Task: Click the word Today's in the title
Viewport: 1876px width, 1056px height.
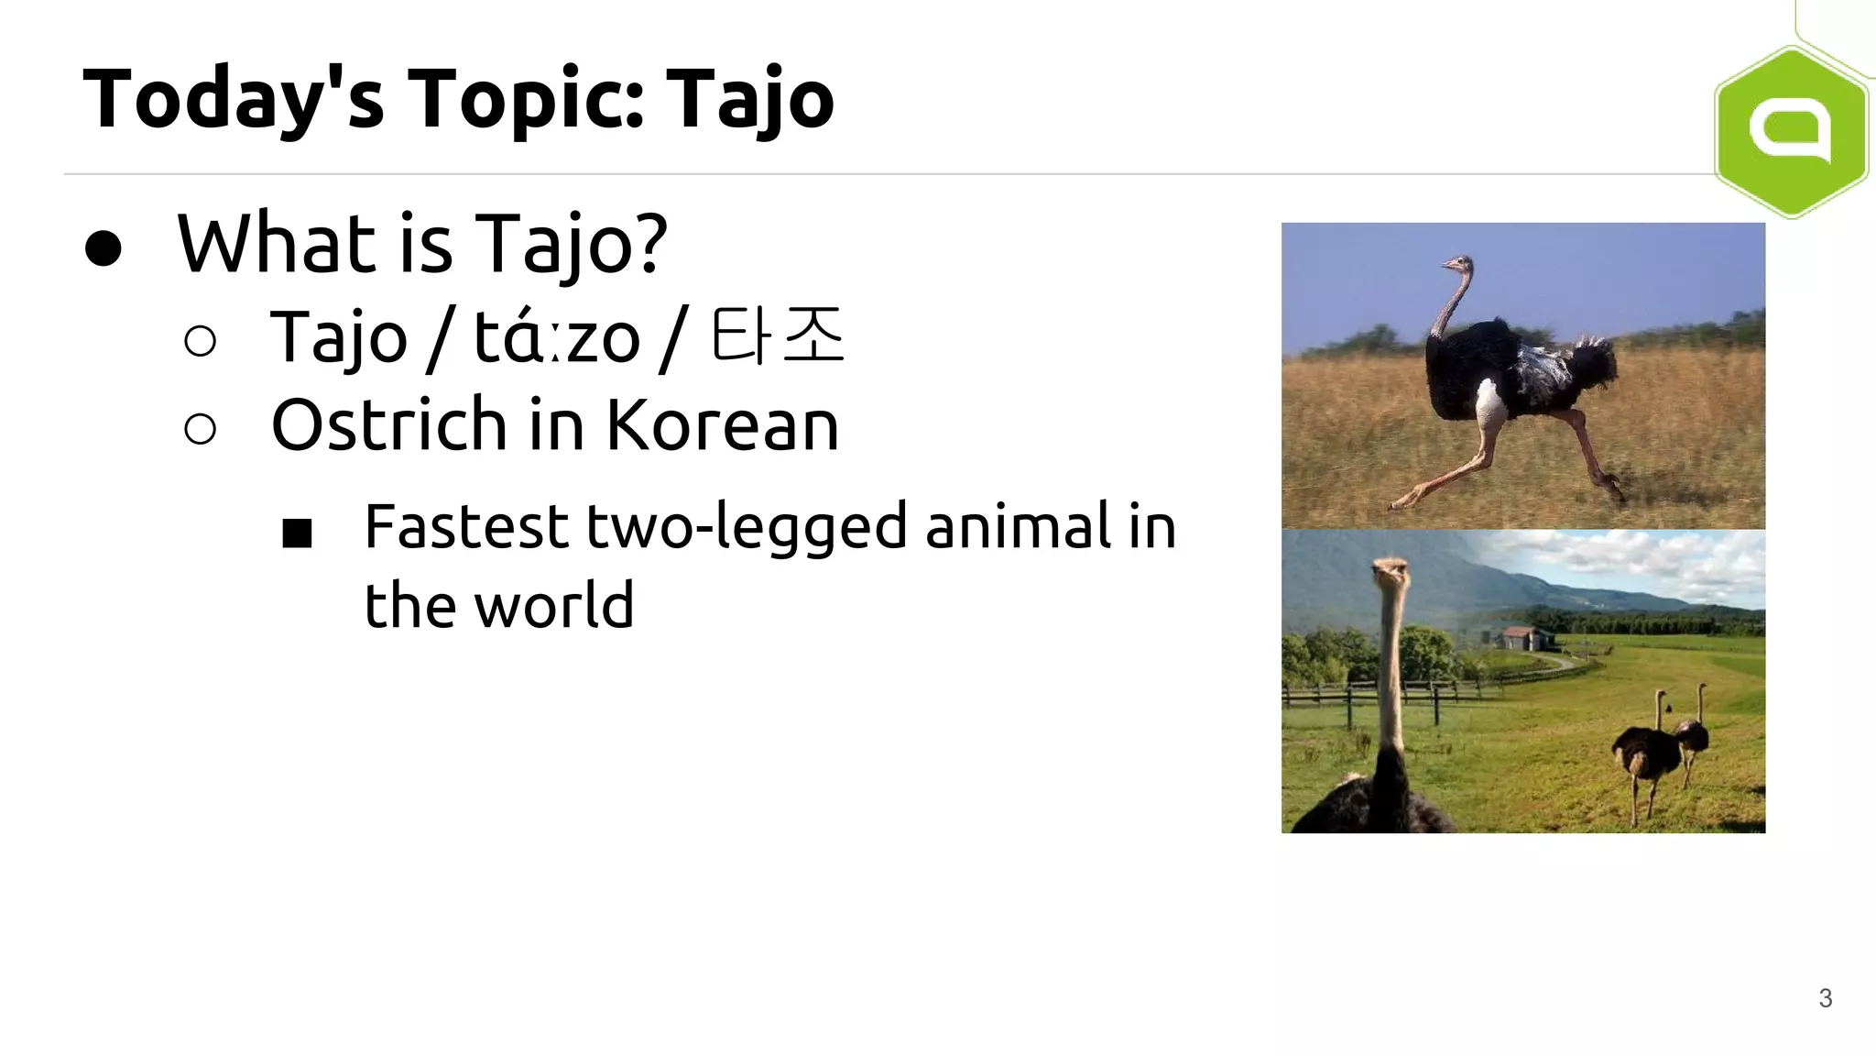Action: coord(233,99)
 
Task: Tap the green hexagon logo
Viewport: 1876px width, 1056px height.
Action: coord(1791,131)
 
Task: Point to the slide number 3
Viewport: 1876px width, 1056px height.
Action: coord(1825,998)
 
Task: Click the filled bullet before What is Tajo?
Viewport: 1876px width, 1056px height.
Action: coord(103,247)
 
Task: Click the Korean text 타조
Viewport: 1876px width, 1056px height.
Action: coord(777,335)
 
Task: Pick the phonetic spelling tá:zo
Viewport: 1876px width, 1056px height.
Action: coord(556,337)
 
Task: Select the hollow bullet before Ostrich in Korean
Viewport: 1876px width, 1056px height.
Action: coord(200,428)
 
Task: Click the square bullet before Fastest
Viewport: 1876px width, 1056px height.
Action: coord(297,533)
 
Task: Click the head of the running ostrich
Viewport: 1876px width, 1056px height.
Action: coord(1456,266)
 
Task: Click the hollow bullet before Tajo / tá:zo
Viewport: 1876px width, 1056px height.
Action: coord(200,341)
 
